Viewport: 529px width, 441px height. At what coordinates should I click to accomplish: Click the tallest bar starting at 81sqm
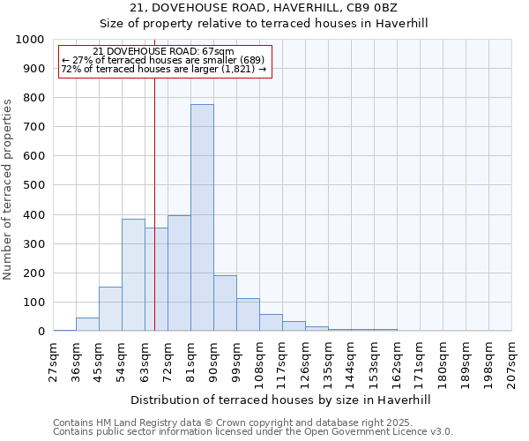point(202,218)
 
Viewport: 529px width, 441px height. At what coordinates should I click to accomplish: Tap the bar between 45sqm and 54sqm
point(110,309)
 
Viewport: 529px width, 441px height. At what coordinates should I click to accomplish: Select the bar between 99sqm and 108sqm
point(248,315)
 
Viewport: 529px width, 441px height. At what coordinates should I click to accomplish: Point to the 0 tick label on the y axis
point(41,332)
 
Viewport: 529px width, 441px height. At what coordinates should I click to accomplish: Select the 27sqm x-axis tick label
point(54,361)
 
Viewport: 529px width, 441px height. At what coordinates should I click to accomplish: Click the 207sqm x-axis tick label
point(511,363)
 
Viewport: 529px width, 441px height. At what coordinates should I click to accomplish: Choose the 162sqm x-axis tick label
point(397,363)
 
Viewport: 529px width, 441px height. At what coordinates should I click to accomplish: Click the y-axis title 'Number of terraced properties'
point(8,190)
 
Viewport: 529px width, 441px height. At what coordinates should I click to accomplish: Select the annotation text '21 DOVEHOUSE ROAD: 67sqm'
point(163,52)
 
